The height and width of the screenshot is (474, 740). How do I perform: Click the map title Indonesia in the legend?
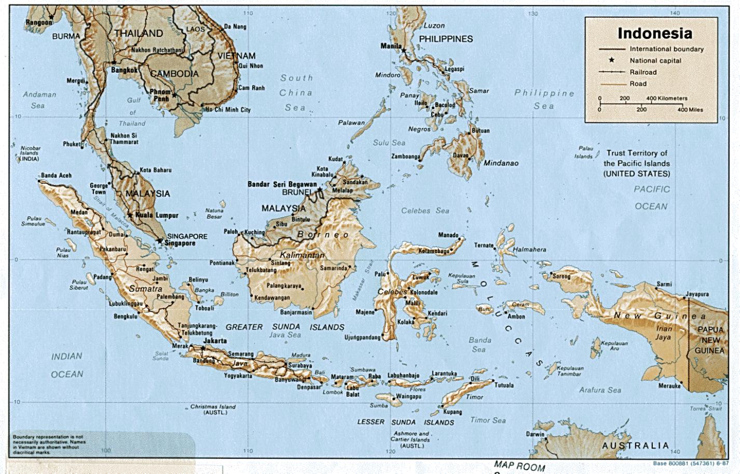pos(654,33)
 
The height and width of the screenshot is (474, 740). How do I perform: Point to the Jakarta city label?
pos(215,341)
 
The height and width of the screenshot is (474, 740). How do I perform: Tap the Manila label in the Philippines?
pos(391,46)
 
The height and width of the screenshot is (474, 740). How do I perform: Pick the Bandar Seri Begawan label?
pos(282,184)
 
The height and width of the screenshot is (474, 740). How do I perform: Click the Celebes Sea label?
pos(424,211)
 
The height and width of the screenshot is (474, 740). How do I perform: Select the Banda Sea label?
pos(479,345)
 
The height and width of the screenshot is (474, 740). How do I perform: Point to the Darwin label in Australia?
pos(535,434)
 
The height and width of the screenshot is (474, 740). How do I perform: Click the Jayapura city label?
pos(697,294)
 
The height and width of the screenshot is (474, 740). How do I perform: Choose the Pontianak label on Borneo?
pos(222,263)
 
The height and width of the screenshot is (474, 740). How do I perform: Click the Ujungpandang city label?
pos(362,337)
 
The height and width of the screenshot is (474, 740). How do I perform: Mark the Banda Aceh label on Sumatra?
pos(56,175)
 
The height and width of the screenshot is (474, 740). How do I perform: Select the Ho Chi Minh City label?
pos(228,110)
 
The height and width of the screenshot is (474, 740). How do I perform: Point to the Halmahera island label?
pos(529,250)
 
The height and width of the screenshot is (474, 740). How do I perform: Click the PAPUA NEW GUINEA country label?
pos(709,340)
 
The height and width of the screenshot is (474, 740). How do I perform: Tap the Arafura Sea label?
pos(600,390)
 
